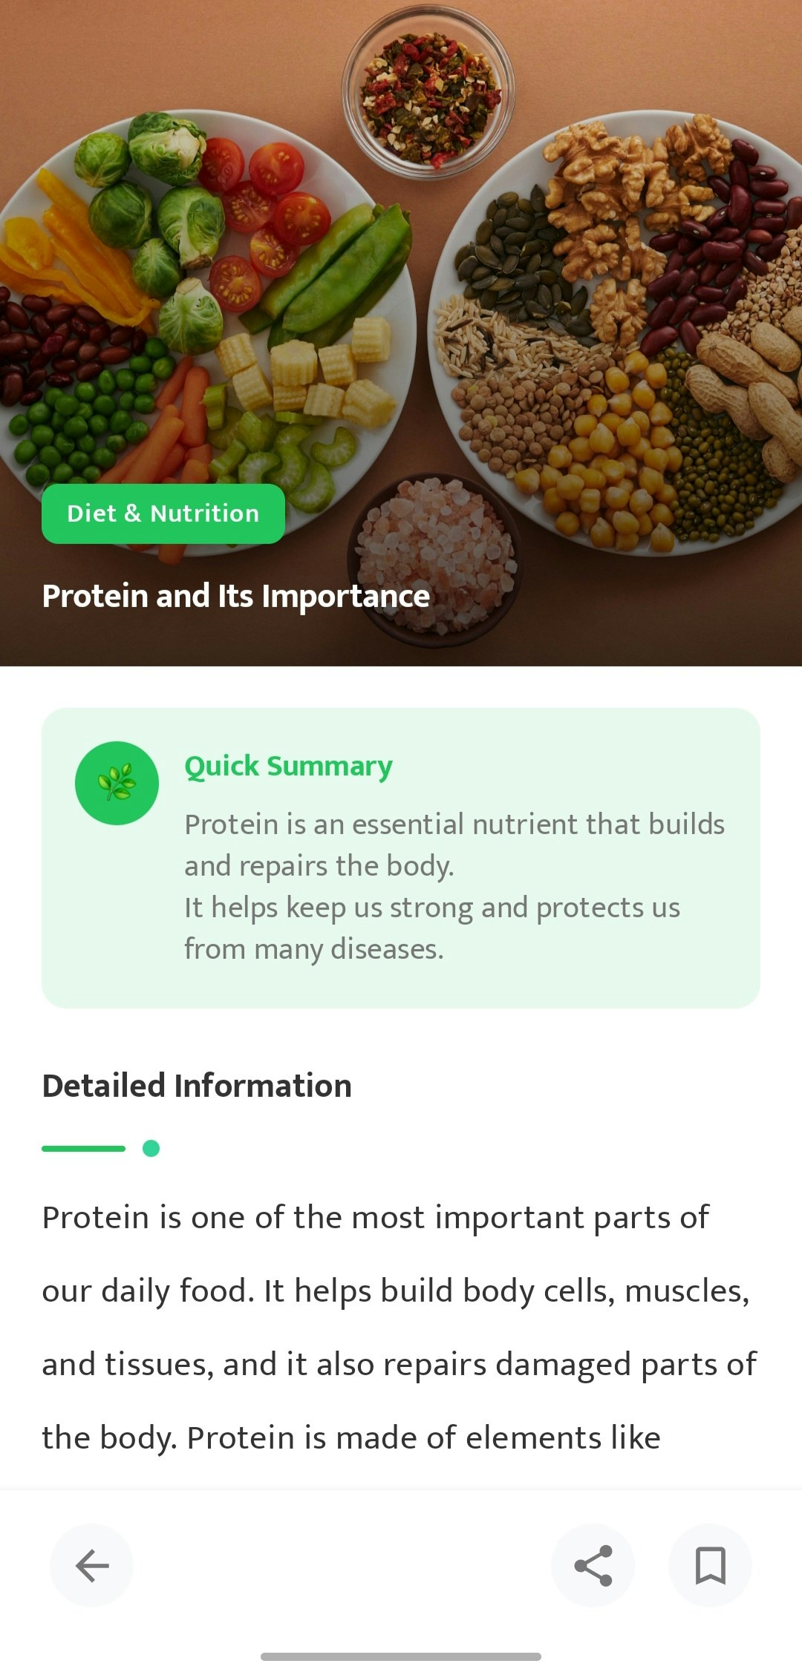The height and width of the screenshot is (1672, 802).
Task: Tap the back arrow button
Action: coord(91,1565)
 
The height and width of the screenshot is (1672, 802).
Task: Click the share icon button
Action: coord(593,1565)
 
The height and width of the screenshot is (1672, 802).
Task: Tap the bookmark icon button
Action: coord(710,1565)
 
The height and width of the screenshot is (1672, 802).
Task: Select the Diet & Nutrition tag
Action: coord(163,514)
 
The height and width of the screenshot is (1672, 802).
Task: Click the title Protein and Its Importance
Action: coord(236,596)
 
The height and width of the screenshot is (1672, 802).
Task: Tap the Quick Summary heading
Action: coord(289,766)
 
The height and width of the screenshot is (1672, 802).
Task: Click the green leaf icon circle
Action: coord(117,783)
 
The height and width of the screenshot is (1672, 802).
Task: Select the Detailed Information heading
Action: coord(197,1086)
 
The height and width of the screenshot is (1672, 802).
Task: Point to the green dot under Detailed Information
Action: coord(151,1148)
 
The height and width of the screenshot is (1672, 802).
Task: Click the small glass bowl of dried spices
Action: coord(428,93)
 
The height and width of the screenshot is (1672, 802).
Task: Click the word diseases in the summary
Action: coord(387,949)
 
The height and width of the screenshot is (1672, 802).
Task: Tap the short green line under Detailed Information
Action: coord(83,1148)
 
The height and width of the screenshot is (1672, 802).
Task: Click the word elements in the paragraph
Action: coord(533,1438)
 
